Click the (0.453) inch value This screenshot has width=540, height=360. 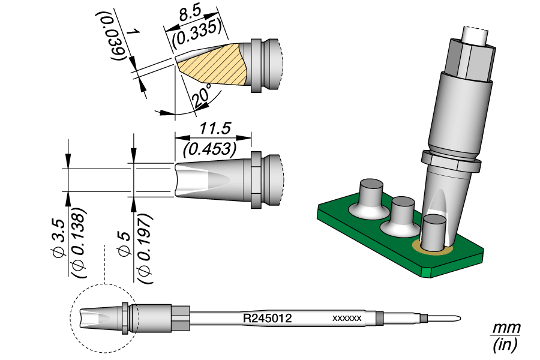pos(210,147)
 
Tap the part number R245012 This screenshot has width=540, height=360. pos(267,318)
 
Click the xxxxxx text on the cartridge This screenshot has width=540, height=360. pos(346,319)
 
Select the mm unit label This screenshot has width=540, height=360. pos(506,329)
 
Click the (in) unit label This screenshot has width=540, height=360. pos(505,345)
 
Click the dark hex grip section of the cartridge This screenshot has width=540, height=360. pos(181,317)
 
